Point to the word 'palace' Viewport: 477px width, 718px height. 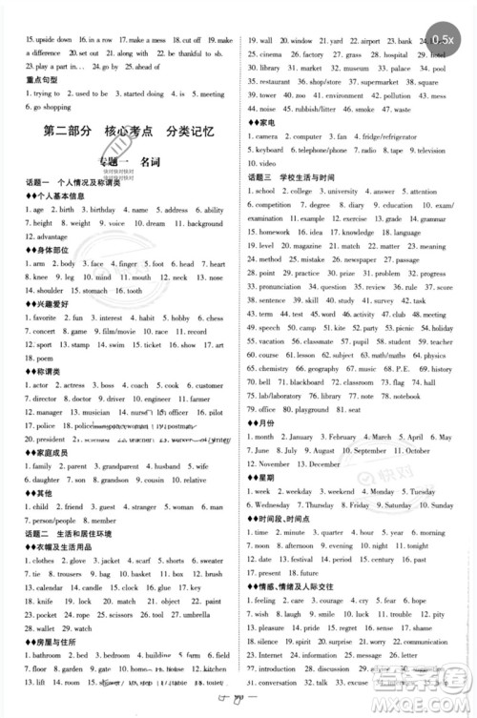coord(402,95)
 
